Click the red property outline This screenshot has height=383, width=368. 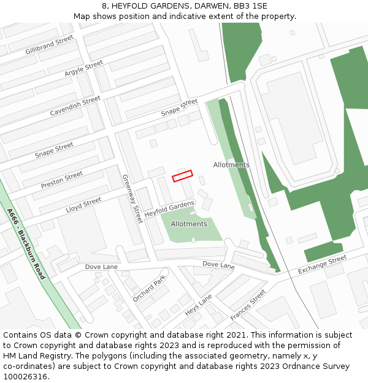click(x=182, y=176)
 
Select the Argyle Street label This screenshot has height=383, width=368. click(x=84, y=69)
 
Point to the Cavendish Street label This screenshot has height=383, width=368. click(x=75, y=105)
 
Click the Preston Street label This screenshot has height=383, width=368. click(x=62, y=180)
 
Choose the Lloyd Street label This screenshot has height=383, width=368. click(x=83, y=205)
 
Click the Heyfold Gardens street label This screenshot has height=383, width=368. click(x=169, y=208)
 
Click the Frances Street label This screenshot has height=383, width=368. click(x=248, y=305)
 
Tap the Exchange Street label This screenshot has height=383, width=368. click(x=323, y=265)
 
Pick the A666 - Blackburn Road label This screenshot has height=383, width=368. click(x=26, y=244)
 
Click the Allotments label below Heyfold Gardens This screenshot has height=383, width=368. click(x=189, y=224)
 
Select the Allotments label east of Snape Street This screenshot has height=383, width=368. click(x=231, y=165)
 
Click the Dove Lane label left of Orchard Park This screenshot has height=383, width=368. click(x=101, y=267)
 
